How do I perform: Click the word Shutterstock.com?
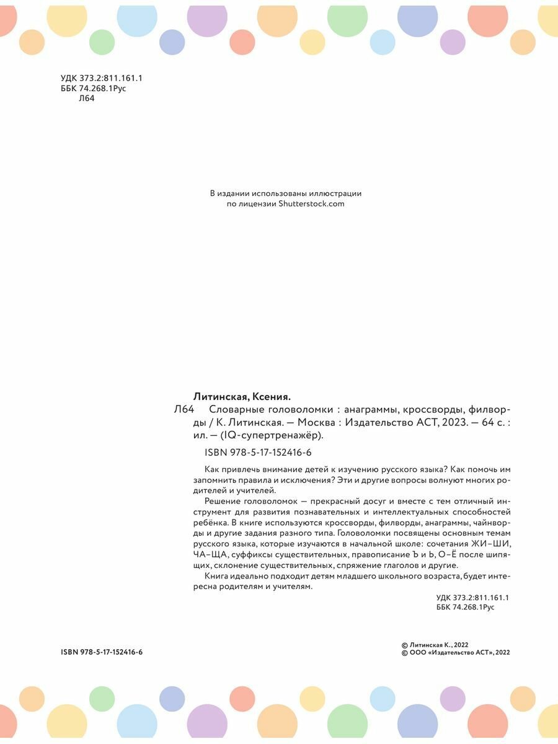coord(311,203)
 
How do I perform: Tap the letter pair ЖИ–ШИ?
coord(492,543)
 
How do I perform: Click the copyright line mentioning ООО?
coord(455,652)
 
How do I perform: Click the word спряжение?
coord(358,565)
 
